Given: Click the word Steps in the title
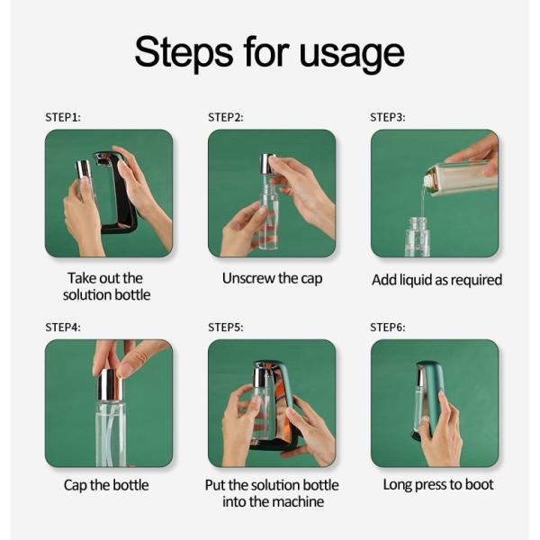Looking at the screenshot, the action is pyautogui.click(x=184, y=53).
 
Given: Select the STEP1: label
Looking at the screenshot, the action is pyautogui.click(x=63, y=117).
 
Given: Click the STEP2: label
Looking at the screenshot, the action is pyautogui.click(x=226, y=117).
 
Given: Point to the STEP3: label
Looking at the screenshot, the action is pyautogui.click(x=387, y=117).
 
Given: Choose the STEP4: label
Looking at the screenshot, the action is pyautogui.click(x=63, y=328).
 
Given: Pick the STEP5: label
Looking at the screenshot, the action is pyautogui.click(x=226, y=328).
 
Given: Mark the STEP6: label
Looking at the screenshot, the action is pyautogui.click(x=387, y=328).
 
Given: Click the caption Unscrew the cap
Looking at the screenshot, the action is pyautogui.click(x=272, y=279).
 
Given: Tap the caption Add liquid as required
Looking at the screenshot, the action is pyautogui.click(x=436, y=280).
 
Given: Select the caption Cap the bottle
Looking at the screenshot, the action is pyautogui.click(x=106, y=485).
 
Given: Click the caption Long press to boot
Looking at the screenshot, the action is pyautogui.click(x=438, y=485).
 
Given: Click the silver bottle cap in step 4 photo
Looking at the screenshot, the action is pyautogui.click(x=110, y=384).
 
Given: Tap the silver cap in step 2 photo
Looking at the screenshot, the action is pyautogui.click(x=267, y=164).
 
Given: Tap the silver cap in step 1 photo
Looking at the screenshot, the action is pyautogui.click(x=83, y=170).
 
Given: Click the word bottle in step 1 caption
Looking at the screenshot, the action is pyautogui.click(x=132, y=295).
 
